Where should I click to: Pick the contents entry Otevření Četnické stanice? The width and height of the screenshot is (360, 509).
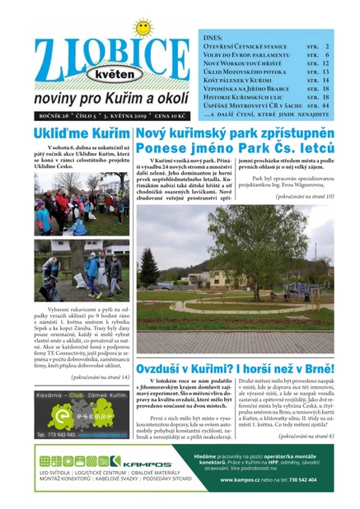point(248,47)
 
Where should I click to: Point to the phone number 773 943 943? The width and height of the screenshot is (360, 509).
point(58,433)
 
